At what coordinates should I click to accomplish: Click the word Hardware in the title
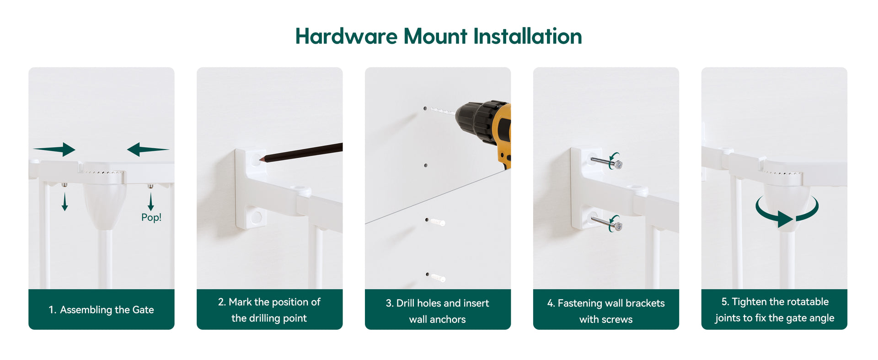point(346,36)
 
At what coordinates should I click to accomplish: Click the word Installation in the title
point(528,36)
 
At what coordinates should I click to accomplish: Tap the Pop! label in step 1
point(151,217)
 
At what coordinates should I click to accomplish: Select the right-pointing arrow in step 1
point(54,149)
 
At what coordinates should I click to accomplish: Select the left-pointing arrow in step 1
point(148,149)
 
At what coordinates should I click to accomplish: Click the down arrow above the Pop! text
point(150,202)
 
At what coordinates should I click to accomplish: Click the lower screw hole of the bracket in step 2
point(257,217)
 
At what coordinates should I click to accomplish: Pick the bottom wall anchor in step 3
point(438,277)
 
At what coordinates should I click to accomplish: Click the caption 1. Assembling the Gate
point(101,310)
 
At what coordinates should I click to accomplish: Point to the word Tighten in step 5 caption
point(749,302)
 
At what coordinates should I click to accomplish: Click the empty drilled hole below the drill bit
point(426,165)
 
